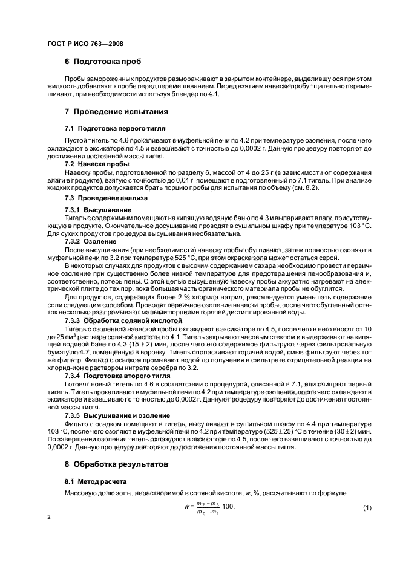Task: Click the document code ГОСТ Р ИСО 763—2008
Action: [85, 44]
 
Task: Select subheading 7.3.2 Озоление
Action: [91, 241]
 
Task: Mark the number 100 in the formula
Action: [228, 506]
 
